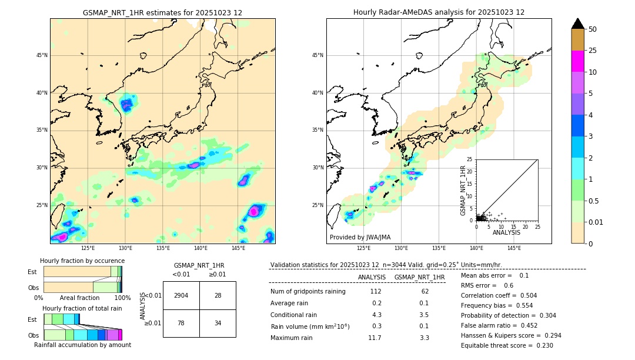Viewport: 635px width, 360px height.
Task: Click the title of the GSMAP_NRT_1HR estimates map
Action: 162,12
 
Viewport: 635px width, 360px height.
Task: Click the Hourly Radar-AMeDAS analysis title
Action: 439,12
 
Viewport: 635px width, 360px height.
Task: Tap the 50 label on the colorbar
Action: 593,29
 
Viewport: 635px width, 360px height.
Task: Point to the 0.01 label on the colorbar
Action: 596,222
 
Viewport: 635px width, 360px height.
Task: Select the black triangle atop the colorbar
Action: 578,24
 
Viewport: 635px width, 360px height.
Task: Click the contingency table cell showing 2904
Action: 181,295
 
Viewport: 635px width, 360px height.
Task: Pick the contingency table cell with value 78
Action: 181,323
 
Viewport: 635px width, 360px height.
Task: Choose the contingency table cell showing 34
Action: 218,323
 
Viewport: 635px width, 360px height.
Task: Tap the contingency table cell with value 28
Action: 218,295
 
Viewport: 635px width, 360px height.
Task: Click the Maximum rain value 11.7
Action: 375,338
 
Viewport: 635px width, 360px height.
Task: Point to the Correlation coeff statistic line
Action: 499,295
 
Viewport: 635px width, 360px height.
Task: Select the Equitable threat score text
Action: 507,345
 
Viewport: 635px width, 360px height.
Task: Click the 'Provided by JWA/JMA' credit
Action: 360,238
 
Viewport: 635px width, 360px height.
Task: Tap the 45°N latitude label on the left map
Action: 41,56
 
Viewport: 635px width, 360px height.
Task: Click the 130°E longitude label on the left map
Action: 125,248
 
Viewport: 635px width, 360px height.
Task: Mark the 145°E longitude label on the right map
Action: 514,248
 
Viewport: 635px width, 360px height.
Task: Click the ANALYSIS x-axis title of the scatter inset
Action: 507,233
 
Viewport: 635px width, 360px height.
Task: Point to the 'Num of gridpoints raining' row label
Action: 308,292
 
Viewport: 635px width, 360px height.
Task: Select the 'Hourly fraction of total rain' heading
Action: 82,309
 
